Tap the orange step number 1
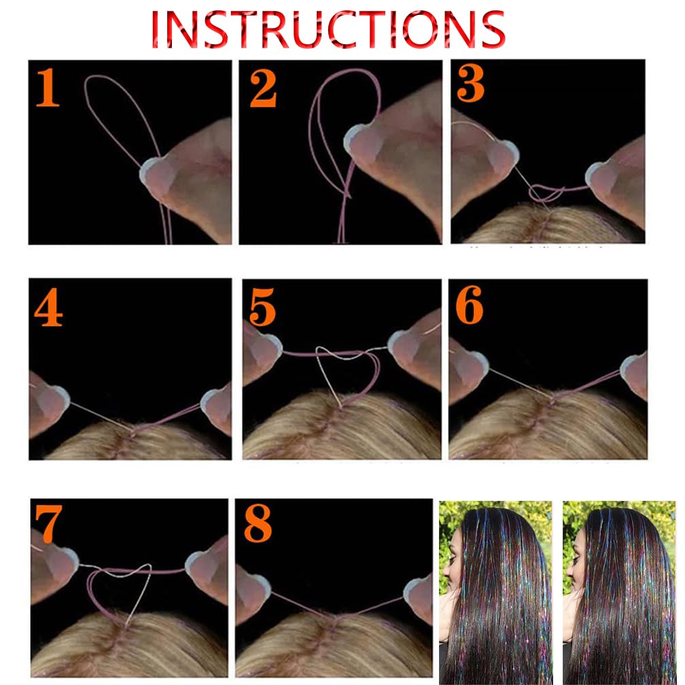48,87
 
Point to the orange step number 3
470,83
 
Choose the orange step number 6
469,304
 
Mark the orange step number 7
48,523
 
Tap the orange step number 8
258,523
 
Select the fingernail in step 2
364,142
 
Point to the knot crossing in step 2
347,194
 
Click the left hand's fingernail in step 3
504,156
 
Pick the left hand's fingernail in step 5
266,349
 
